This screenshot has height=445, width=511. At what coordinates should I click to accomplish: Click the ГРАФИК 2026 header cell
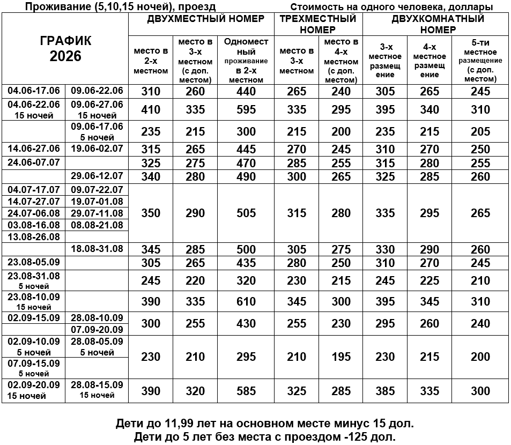point(65,49)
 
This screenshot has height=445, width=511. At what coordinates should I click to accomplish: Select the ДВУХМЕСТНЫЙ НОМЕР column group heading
point(206,19)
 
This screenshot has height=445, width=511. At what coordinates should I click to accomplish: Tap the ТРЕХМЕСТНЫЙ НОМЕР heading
point(318,24)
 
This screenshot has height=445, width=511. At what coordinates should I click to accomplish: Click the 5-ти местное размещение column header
point(480,60)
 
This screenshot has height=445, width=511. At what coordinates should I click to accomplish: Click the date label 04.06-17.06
point(34,90)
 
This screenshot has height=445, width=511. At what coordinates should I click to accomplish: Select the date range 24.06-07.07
point(34,161)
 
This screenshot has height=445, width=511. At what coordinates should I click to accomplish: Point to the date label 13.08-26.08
point(34,236)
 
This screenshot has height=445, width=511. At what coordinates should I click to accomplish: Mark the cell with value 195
point(341,357)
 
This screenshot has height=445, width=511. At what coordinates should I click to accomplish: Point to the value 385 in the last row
point(385,391)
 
